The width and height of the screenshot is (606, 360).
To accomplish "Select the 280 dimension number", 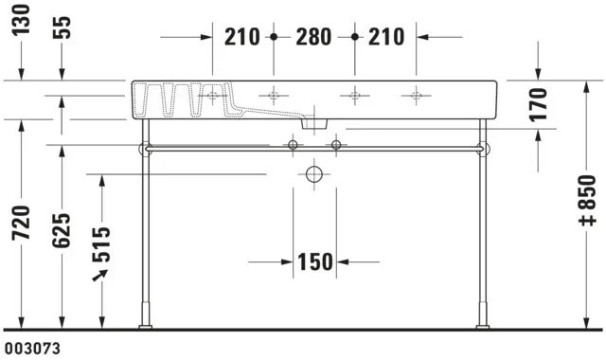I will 313,37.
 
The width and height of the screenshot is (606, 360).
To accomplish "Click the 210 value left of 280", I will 242,37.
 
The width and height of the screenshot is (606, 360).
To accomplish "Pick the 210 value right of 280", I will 386,37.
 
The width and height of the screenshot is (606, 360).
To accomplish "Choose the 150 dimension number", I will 313,261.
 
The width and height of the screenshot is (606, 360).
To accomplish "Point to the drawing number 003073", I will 31,349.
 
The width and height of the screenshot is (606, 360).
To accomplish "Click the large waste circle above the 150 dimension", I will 314,174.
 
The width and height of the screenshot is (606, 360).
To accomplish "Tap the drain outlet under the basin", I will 314,123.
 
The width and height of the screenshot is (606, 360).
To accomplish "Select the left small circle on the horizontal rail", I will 294,145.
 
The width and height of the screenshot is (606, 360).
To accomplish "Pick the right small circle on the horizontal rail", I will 335,145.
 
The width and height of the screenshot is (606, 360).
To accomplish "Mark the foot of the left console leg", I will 145,326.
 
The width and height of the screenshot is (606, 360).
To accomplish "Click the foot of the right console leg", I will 484,326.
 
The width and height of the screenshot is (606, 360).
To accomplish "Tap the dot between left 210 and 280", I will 274,37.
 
